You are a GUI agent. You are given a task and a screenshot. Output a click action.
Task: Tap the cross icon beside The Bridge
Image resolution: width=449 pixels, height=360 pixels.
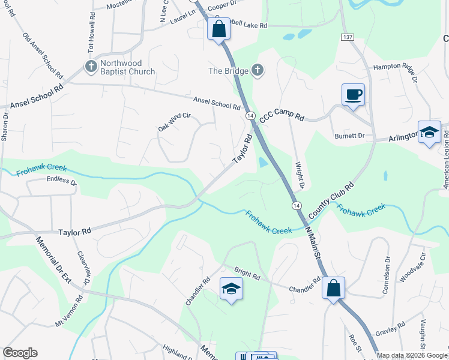(258, 71)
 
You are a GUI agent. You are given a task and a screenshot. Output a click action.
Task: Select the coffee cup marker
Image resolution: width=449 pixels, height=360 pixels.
(353, 95)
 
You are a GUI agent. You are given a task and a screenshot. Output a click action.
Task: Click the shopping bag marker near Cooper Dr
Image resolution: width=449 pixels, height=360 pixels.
(218, 28)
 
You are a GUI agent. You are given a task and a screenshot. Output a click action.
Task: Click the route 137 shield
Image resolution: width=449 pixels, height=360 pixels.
(347, 37)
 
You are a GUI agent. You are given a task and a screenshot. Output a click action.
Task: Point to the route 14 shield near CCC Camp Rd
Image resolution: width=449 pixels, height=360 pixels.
(250, 115)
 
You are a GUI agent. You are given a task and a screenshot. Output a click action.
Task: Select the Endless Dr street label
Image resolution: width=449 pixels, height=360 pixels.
(62, 179)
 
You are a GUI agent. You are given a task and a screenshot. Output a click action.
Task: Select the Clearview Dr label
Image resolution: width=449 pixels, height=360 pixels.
(83, 267)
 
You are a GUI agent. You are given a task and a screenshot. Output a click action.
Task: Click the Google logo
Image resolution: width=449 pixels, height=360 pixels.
(20, 353)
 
